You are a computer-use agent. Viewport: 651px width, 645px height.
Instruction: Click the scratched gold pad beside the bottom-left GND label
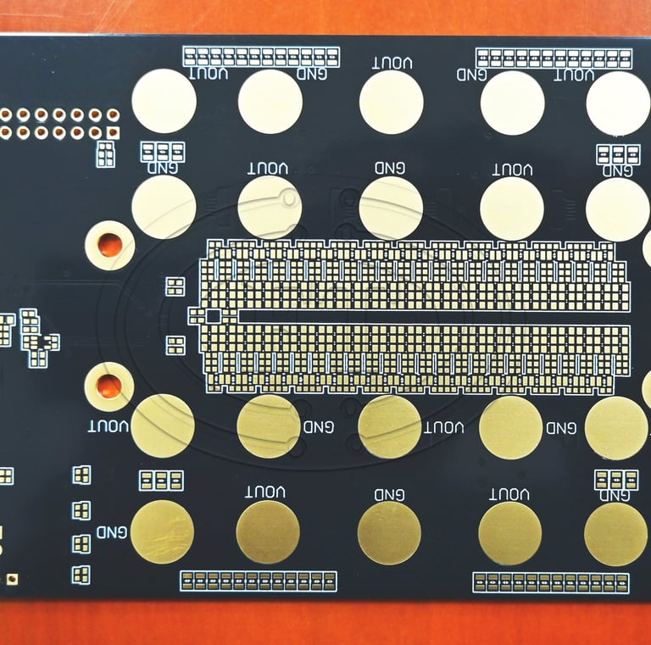tap(162, 531)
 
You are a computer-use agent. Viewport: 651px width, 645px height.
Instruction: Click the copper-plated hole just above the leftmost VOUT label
tap(108, 386)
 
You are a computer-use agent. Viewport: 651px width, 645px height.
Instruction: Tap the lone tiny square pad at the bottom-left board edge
tap(12, 579)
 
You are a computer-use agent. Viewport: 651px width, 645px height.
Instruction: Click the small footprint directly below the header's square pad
tap(105, 154)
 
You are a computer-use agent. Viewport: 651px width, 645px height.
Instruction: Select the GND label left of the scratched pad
tap(111, 532)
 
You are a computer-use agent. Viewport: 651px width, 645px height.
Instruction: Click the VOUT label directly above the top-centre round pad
tap(392, 63)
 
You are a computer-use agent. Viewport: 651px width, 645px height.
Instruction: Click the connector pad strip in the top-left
tap(261, 57)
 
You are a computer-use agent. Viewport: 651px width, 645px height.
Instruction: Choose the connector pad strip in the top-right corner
tap(554, 58)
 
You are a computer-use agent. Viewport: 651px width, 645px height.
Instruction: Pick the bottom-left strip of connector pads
tap(258, 581)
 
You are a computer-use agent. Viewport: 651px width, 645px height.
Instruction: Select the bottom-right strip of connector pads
tap(551, 582)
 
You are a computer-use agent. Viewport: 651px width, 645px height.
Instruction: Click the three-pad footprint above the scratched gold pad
tap(161, 481)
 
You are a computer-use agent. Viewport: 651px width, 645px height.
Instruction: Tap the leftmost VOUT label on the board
tap(108, 425)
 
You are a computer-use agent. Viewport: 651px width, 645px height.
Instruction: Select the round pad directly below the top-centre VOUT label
tap(391, 102)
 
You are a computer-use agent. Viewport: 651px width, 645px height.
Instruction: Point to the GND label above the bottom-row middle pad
tap(389, 494)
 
